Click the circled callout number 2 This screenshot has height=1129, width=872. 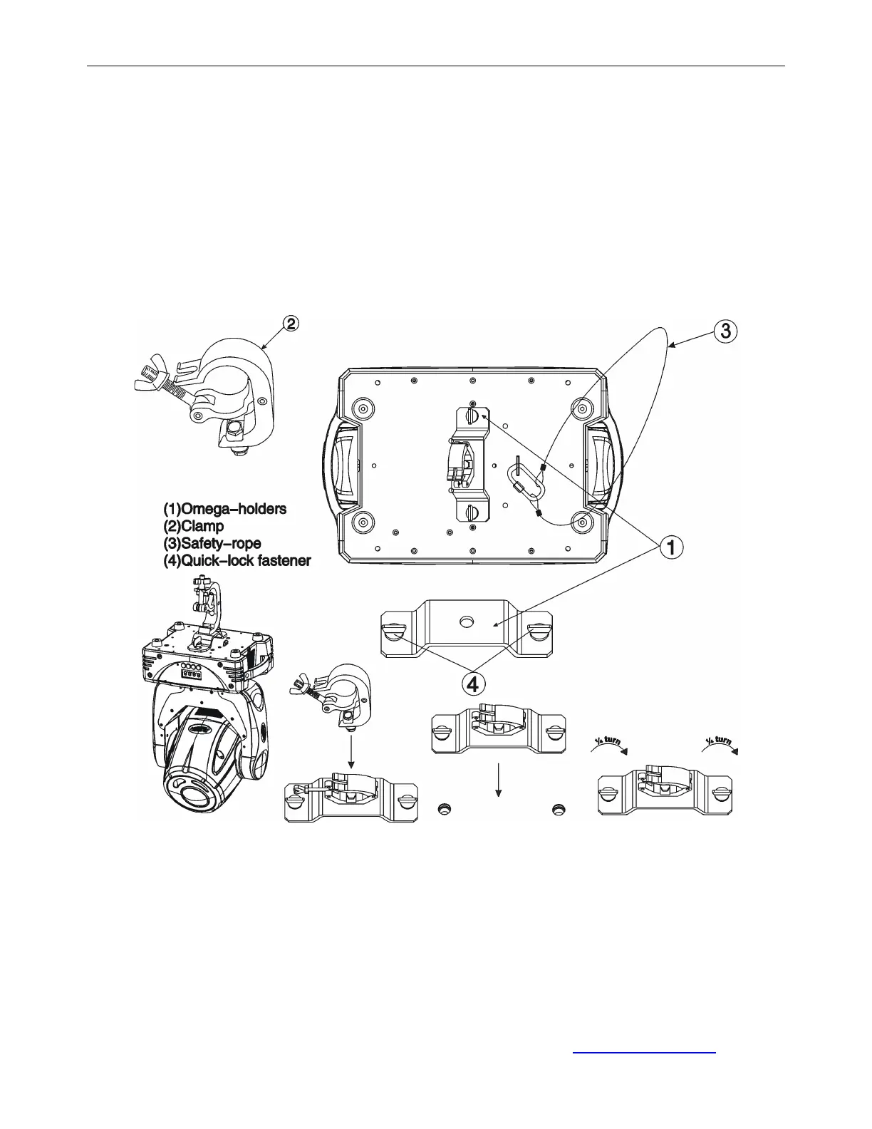[x=290, y=324]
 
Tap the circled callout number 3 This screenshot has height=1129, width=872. [x=725, y=331]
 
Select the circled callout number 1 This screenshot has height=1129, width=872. [x=670, y=547]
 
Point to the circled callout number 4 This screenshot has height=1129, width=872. [x=471, y=684]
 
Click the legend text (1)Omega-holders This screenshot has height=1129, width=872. [x=225, y=509]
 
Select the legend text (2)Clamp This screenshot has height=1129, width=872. [x=194, y=526]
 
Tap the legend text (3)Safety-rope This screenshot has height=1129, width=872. [x=212, y=543]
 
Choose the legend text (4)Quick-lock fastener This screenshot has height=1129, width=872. [x=237, y=561]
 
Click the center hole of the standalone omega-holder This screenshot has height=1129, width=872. [x=467, y=623]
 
